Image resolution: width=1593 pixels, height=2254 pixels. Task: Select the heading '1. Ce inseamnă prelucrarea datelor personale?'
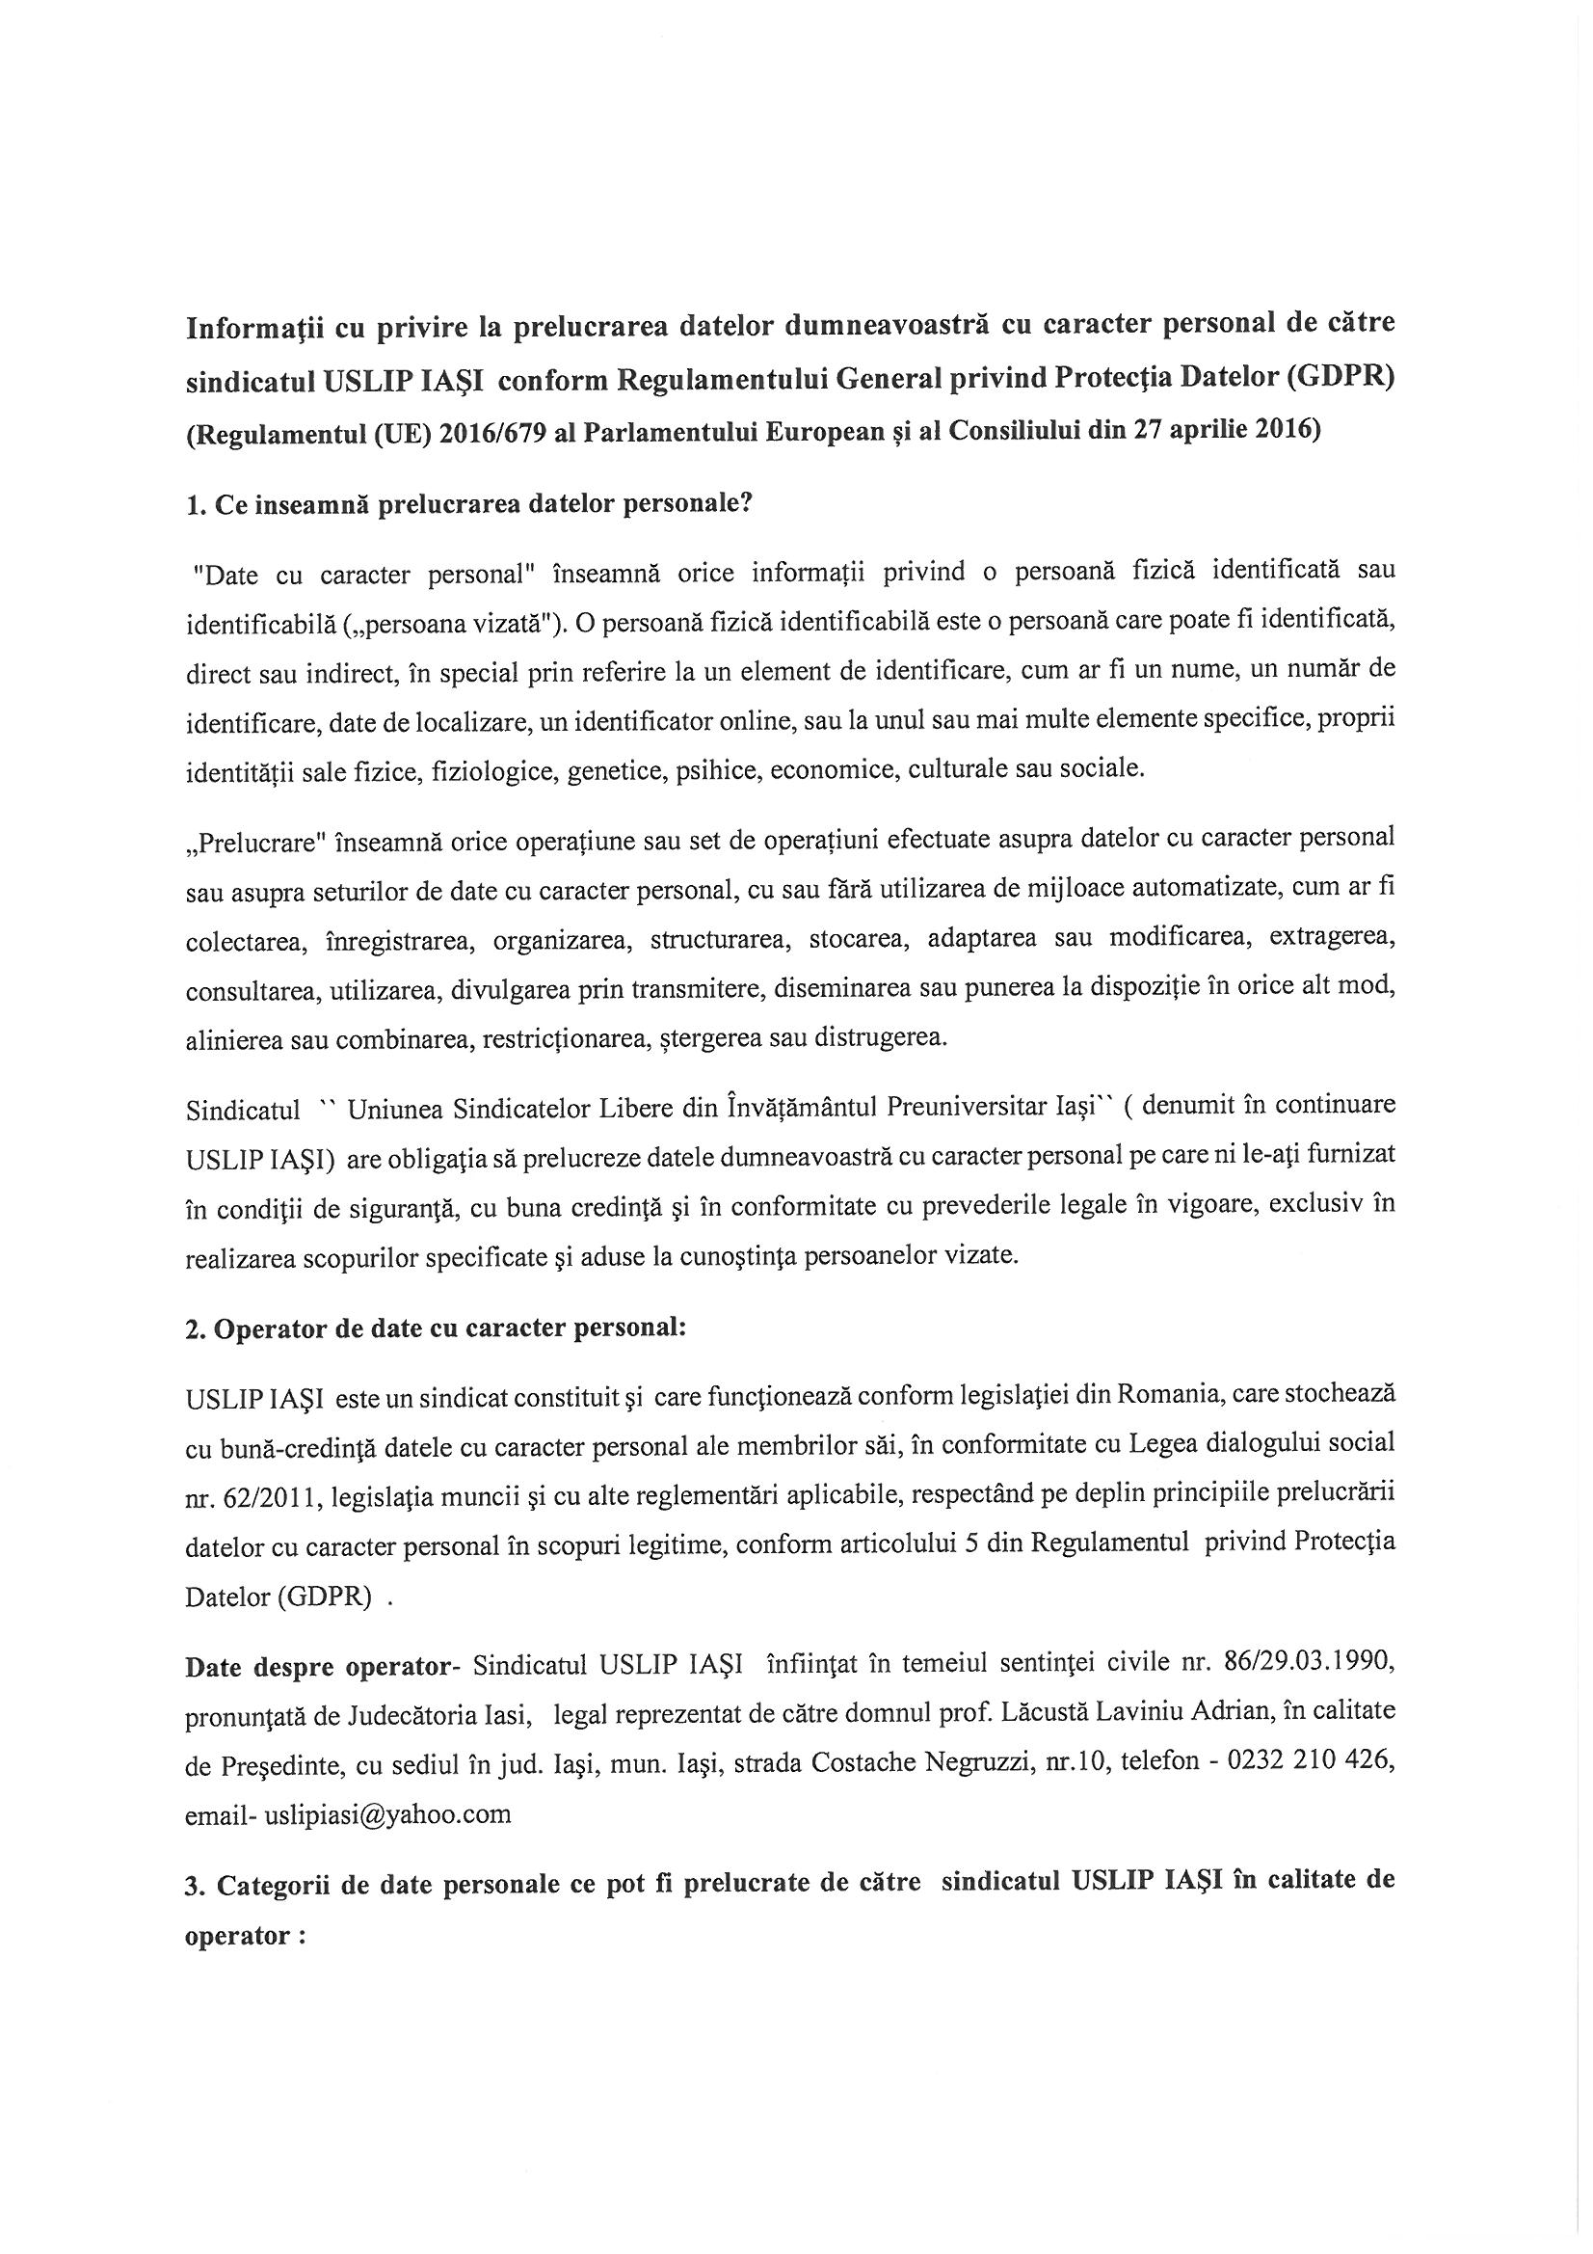(469, 504)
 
